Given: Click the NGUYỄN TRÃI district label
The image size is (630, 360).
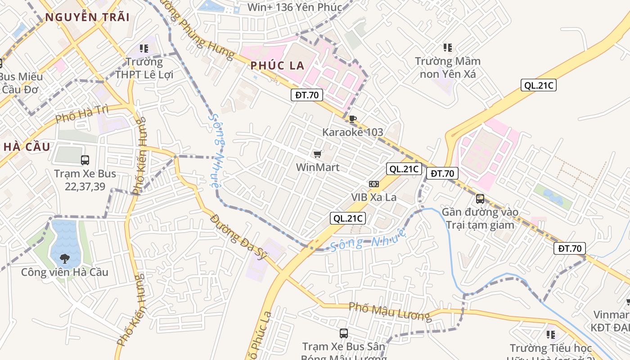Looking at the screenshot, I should coord(87,18).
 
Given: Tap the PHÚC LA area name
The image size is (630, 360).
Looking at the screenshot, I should coord(278,66).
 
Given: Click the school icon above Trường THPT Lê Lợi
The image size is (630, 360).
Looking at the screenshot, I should coord(144,48).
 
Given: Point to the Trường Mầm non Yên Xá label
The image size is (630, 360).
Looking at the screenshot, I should coord(448,67).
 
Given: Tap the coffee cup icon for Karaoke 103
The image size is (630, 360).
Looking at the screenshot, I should coord(353,119).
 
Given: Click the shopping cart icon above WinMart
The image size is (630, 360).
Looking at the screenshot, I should coord(318,154).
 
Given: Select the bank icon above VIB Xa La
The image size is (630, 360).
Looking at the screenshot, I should coord(374,184).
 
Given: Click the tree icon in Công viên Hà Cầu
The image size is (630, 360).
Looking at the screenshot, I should coord(66,258).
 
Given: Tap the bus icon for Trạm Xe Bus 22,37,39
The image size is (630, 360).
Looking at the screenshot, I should coord(85,160).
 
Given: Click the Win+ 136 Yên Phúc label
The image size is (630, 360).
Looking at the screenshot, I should coord(295,7).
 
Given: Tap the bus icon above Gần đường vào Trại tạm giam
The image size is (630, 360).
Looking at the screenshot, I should coord(480,198).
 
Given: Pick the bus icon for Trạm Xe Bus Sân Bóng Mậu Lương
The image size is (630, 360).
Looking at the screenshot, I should coord(344,333).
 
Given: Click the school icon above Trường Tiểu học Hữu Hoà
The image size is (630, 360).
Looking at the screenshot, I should coord(550,335).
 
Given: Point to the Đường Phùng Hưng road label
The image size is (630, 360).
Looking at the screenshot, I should coord(202,34).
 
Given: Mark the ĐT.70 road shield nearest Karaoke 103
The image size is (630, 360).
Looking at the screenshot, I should coord(307,95).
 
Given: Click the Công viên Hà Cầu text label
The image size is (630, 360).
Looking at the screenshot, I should coord(65,272).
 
